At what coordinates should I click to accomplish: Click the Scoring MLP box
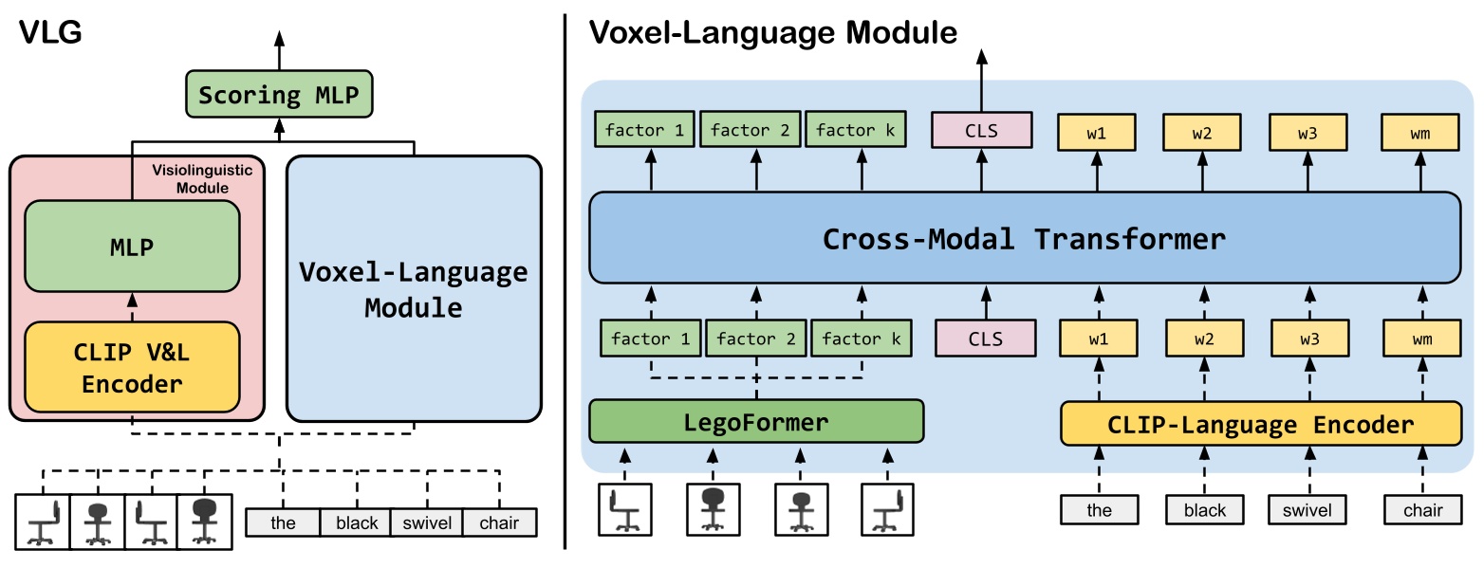click(x=279, y=95)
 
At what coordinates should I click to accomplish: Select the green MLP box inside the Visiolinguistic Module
click(x=133, y=247)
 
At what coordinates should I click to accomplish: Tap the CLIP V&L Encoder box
click(x=133, y=367)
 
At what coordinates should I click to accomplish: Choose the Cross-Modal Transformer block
click(x=1024, y=237)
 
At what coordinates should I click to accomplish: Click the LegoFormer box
click(x=756, y=422)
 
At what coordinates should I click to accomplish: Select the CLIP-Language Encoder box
click(x=1261, y=425)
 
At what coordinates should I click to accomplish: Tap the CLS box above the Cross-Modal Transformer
click(x=980, y=131)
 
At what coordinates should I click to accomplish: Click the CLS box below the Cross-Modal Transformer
click(x=984, y=338)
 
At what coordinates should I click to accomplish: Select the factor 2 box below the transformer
click(x=756, y=338)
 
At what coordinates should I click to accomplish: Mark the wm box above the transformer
click(x=1420, y=133)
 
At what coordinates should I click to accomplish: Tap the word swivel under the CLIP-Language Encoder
click(x=1308, y=510)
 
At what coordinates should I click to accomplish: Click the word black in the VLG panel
click(x=357, y=522)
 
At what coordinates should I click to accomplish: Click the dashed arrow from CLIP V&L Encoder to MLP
click(x=133, y=306)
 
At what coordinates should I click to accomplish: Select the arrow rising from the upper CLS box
click(x=980, y=81)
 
